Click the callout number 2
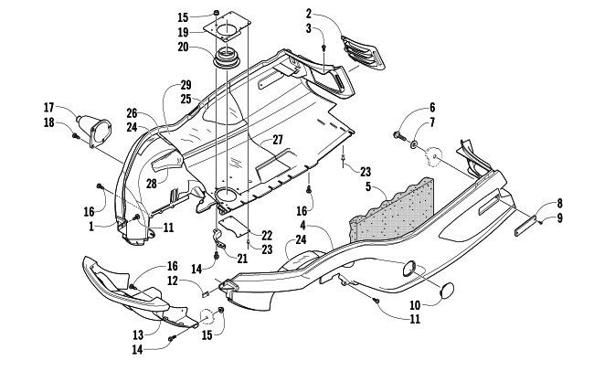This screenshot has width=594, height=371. click(x=309, y=14)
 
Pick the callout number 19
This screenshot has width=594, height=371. click(x=183, y=32)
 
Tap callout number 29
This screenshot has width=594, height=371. click(x=186, y=85)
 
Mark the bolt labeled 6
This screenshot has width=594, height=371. click(x=399, y=137)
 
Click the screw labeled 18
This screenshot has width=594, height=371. click(x=76, y=135)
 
